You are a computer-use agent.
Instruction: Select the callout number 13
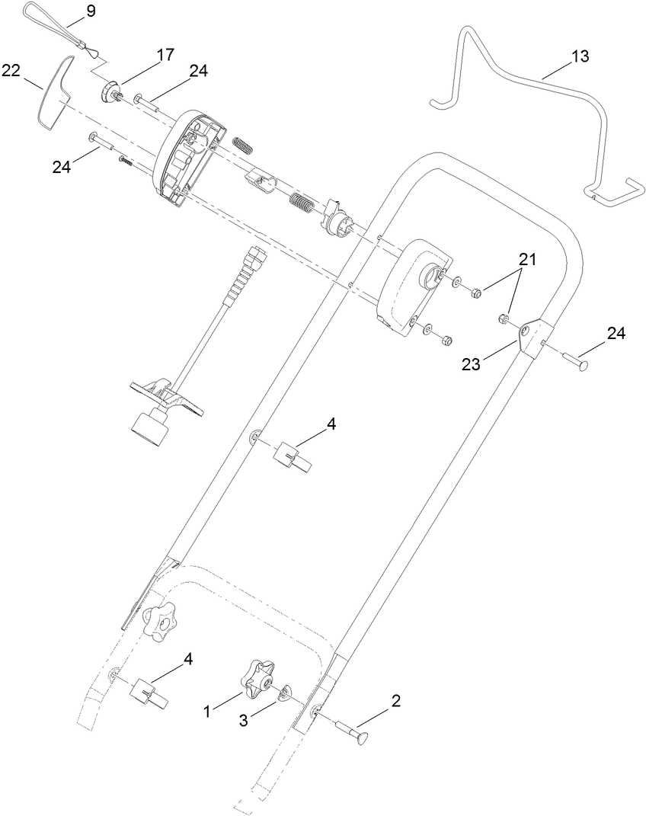tap(580, 56)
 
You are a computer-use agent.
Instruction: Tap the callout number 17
tap(165, 54)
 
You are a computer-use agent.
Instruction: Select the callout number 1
tap(207, 711)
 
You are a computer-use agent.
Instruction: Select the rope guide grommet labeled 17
tap(110, 92)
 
